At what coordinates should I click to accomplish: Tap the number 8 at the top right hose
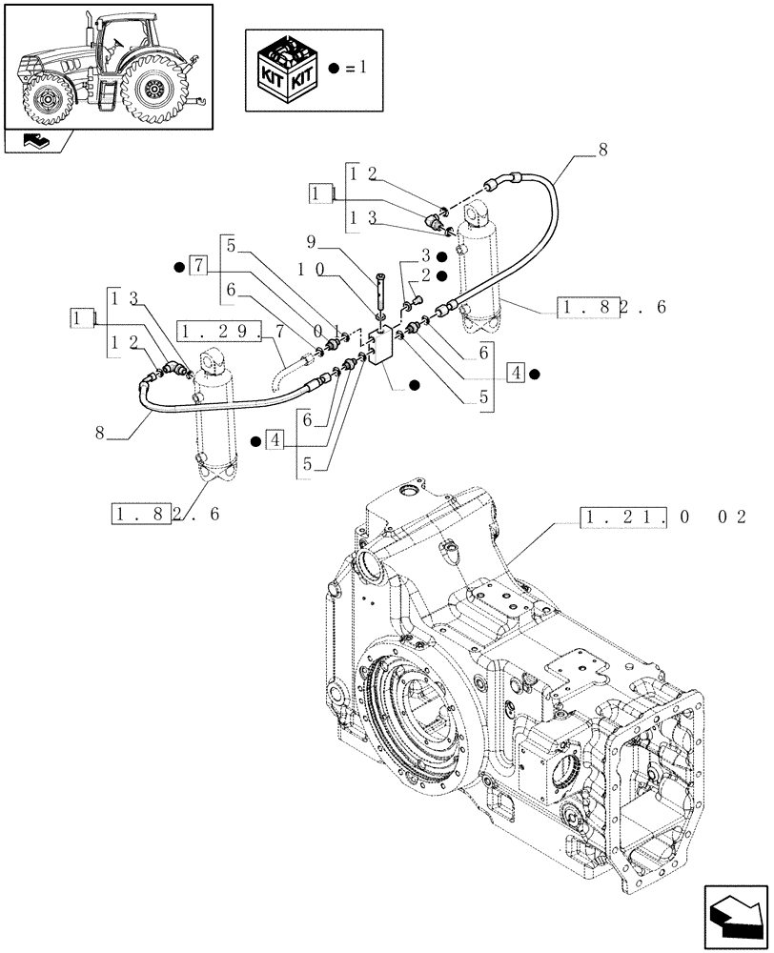coord(601,150)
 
